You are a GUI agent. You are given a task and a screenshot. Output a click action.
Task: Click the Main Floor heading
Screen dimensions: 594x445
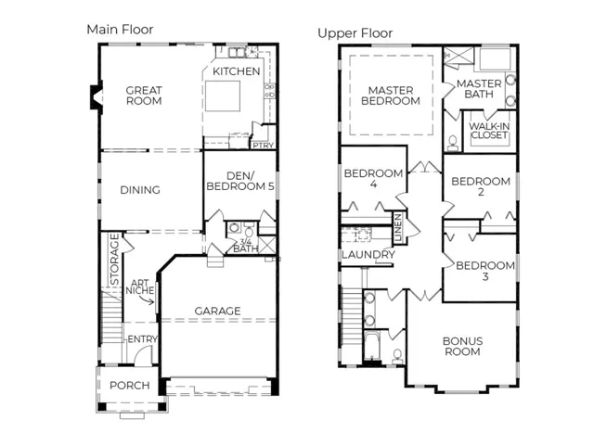point(120,30)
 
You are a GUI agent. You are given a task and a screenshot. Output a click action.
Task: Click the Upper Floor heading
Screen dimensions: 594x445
point(355,33)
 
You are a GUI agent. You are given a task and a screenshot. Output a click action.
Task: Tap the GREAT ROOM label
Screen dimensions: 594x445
point(144,95)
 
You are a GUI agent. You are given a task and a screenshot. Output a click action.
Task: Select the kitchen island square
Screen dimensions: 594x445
point(223,95)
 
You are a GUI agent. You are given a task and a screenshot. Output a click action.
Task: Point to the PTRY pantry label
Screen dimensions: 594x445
point(264,146)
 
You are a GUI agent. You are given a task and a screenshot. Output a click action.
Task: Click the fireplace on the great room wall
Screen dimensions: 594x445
point(97,97)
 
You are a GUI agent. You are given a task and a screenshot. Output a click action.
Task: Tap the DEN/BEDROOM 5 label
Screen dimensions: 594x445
point(240,181)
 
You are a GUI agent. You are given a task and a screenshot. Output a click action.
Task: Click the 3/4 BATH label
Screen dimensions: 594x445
point(245,245)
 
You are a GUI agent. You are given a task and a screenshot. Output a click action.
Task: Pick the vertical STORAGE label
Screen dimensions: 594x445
point(114,260)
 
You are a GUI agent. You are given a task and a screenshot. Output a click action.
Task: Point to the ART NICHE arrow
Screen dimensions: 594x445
point(147,300)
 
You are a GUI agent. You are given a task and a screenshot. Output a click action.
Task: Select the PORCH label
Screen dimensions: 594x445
point(130,386)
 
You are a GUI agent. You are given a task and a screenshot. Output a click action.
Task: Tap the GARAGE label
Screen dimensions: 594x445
point(217,311)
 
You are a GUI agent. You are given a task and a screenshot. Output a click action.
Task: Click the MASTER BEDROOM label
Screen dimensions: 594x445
point(391,95)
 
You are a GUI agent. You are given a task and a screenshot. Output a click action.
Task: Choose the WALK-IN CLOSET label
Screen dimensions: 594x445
point(489,131)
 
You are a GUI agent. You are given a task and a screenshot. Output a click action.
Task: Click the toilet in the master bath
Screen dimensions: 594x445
point(453,143)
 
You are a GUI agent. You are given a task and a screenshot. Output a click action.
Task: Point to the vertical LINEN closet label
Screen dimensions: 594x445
point(398,227)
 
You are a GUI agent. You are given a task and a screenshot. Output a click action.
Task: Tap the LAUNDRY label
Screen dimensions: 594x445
point(368,255)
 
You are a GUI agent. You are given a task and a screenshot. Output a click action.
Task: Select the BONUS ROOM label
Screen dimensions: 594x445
point(462,346)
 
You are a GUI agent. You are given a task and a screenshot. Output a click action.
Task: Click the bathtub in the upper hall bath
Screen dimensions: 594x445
point(372,345)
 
